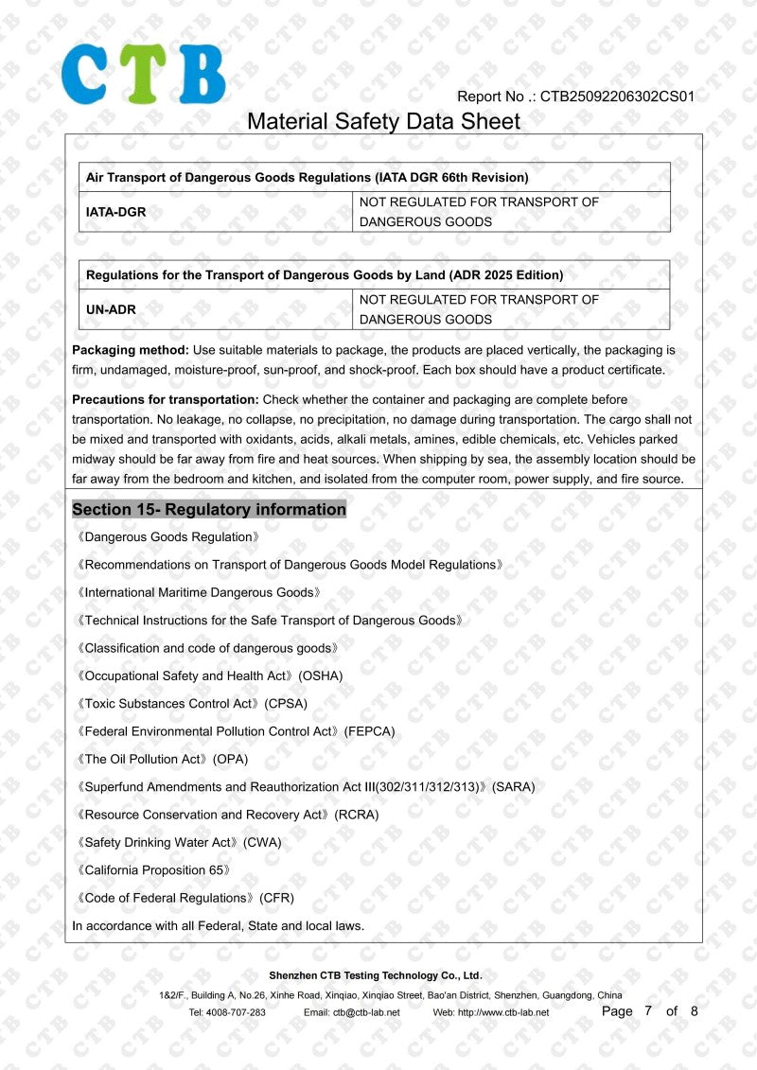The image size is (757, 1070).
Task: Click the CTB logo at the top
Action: tap(144, 74)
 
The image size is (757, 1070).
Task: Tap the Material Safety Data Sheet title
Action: tap(383, 121)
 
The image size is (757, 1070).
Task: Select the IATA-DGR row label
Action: tap(116, 212)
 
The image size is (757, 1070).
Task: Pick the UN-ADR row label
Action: tap(111, 309)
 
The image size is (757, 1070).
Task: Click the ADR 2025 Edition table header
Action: tap(325, 275)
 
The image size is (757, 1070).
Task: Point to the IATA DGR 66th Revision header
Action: tap(308, 177)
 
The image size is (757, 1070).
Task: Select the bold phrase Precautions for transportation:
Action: tap(166, 400)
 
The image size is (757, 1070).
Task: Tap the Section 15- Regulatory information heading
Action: tap(209, 510)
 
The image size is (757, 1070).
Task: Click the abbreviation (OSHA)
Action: tap(321, 675)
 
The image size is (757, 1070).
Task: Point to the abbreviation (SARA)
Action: tap(514, 786)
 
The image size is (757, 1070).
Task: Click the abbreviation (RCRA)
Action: tap(357, 815)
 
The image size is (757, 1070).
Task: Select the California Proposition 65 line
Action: tap(152, 869)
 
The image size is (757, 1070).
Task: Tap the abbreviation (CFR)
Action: tap(276, 898)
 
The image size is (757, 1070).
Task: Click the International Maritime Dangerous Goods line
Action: tap(199, 592)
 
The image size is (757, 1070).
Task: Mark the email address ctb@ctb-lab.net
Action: tap(365, 1012)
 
